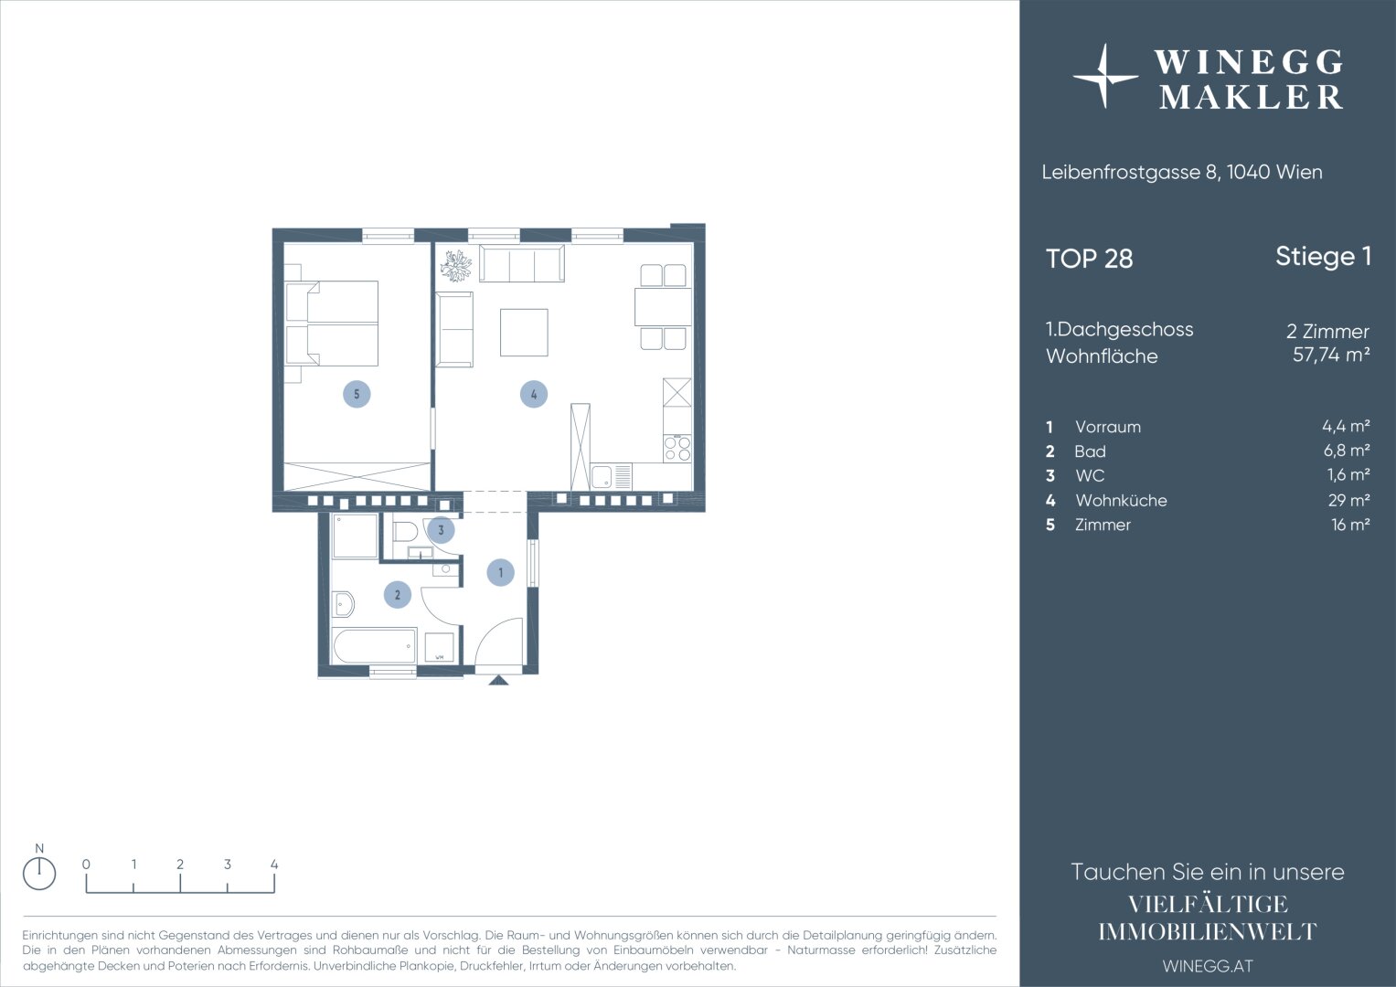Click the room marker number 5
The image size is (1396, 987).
click(x=357, y=394)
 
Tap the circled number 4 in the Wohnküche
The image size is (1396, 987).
click(x=534, y=394)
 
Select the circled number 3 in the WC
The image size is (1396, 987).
click(x=441, y=530)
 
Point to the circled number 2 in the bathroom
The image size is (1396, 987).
click(x=398, y=594)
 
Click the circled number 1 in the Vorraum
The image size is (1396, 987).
click(x=500, y=572)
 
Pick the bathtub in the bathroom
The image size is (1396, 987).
click(x=375, y=645)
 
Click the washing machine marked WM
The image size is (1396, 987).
click(x=440, y=648)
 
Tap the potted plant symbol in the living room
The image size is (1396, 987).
click(x=455, y=265)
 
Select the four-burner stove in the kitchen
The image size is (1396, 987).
click(x=677, y=448)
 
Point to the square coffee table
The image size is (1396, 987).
click(x=524, y=333)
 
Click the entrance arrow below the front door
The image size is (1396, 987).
click(x=498, y=680)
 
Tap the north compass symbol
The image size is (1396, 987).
click(x=39, y=874)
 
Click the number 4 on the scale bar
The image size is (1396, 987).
click(x=274, y=865)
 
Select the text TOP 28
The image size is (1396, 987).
click(x=1090, y=259)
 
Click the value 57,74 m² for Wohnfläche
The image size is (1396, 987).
click(x=1331, y=355)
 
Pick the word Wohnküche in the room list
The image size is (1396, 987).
click(x=1121, y=501)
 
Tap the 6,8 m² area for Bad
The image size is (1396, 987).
click(x=1348, y=451)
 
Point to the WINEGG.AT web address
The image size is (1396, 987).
click(x=1208, y=966)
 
